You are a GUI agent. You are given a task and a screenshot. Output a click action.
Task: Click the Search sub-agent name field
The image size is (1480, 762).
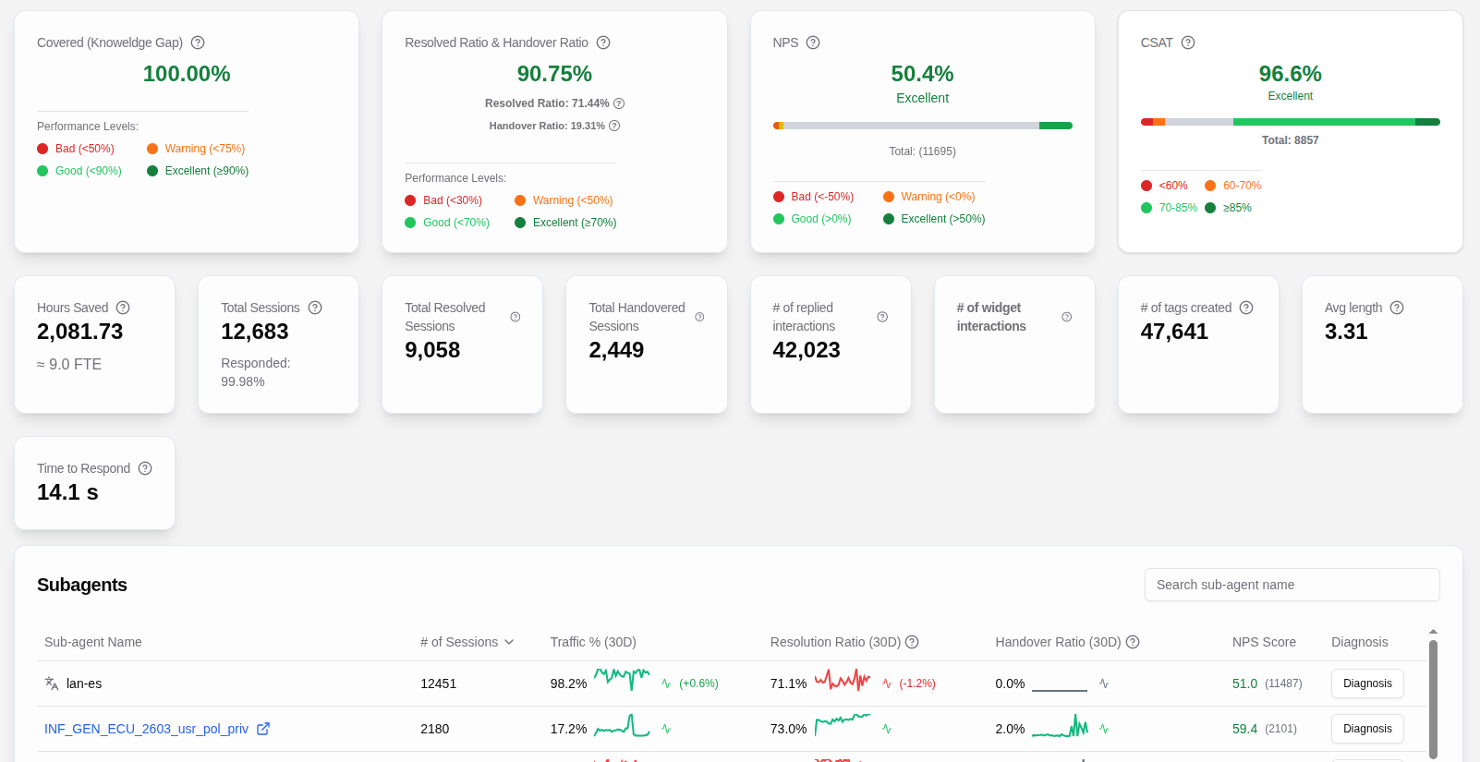pyautogui.click(x=1291, y=585)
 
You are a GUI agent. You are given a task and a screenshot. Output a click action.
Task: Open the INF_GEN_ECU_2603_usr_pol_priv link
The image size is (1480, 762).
pyautogui.click(x=146, y=729)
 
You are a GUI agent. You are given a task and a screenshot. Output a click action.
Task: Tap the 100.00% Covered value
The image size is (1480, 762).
pyautogui.click(x=187, y=74)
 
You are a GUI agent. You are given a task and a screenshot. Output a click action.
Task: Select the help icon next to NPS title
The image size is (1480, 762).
pyautogui.click(x=813, y=42)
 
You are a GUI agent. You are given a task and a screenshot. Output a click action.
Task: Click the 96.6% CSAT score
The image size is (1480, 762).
pyautogui.click(x=1290, y=74)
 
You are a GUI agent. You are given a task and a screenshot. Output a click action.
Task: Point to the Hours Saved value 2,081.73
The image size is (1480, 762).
pyautogui.click(x=79, y=332)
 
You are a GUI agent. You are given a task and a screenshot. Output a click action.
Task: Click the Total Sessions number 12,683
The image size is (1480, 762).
pyautogui.click(x=254, y=332)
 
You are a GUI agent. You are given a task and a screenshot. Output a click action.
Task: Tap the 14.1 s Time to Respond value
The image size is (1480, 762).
pyautogui.click(x=67, y=492)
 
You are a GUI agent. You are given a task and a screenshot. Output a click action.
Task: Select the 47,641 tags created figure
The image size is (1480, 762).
pyautogui.click(x=1173, y=332)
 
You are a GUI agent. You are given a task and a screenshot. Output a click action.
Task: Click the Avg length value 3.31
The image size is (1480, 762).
pyautogui.click(x=1345, y=332)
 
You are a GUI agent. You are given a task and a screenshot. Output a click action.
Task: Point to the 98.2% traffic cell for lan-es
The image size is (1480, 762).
pyautogui.click(x=568, y=683)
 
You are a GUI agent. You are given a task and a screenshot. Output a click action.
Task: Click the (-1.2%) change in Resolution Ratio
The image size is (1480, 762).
pyautogui.click(x=916, y=683)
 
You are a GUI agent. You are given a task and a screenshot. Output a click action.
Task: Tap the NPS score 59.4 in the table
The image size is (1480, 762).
pyautogui.click(x=1244, y=729)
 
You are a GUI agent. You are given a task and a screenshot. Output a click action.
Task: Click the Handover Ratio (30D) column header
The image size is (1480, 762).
pyautogui.click(x=1057, y=642)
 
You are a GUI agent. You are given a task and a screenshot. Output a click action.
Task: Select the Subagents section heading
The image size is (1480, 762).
pyautogui.click(x=82, y=585)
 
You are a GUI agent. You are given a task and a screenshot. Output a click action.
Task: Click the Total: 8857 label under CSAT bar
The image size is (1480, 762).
pyautogui.click(x=1290, y=140)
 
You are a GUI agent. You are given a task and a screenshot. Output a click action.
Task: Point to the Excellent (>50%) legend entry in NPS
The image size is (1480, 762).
pyautogui.click(x=942, y=219)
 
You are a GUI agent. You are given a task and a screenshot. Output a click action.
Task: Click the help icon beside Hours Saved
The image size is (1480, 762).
pyautogui.click(x=123, y=308)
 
